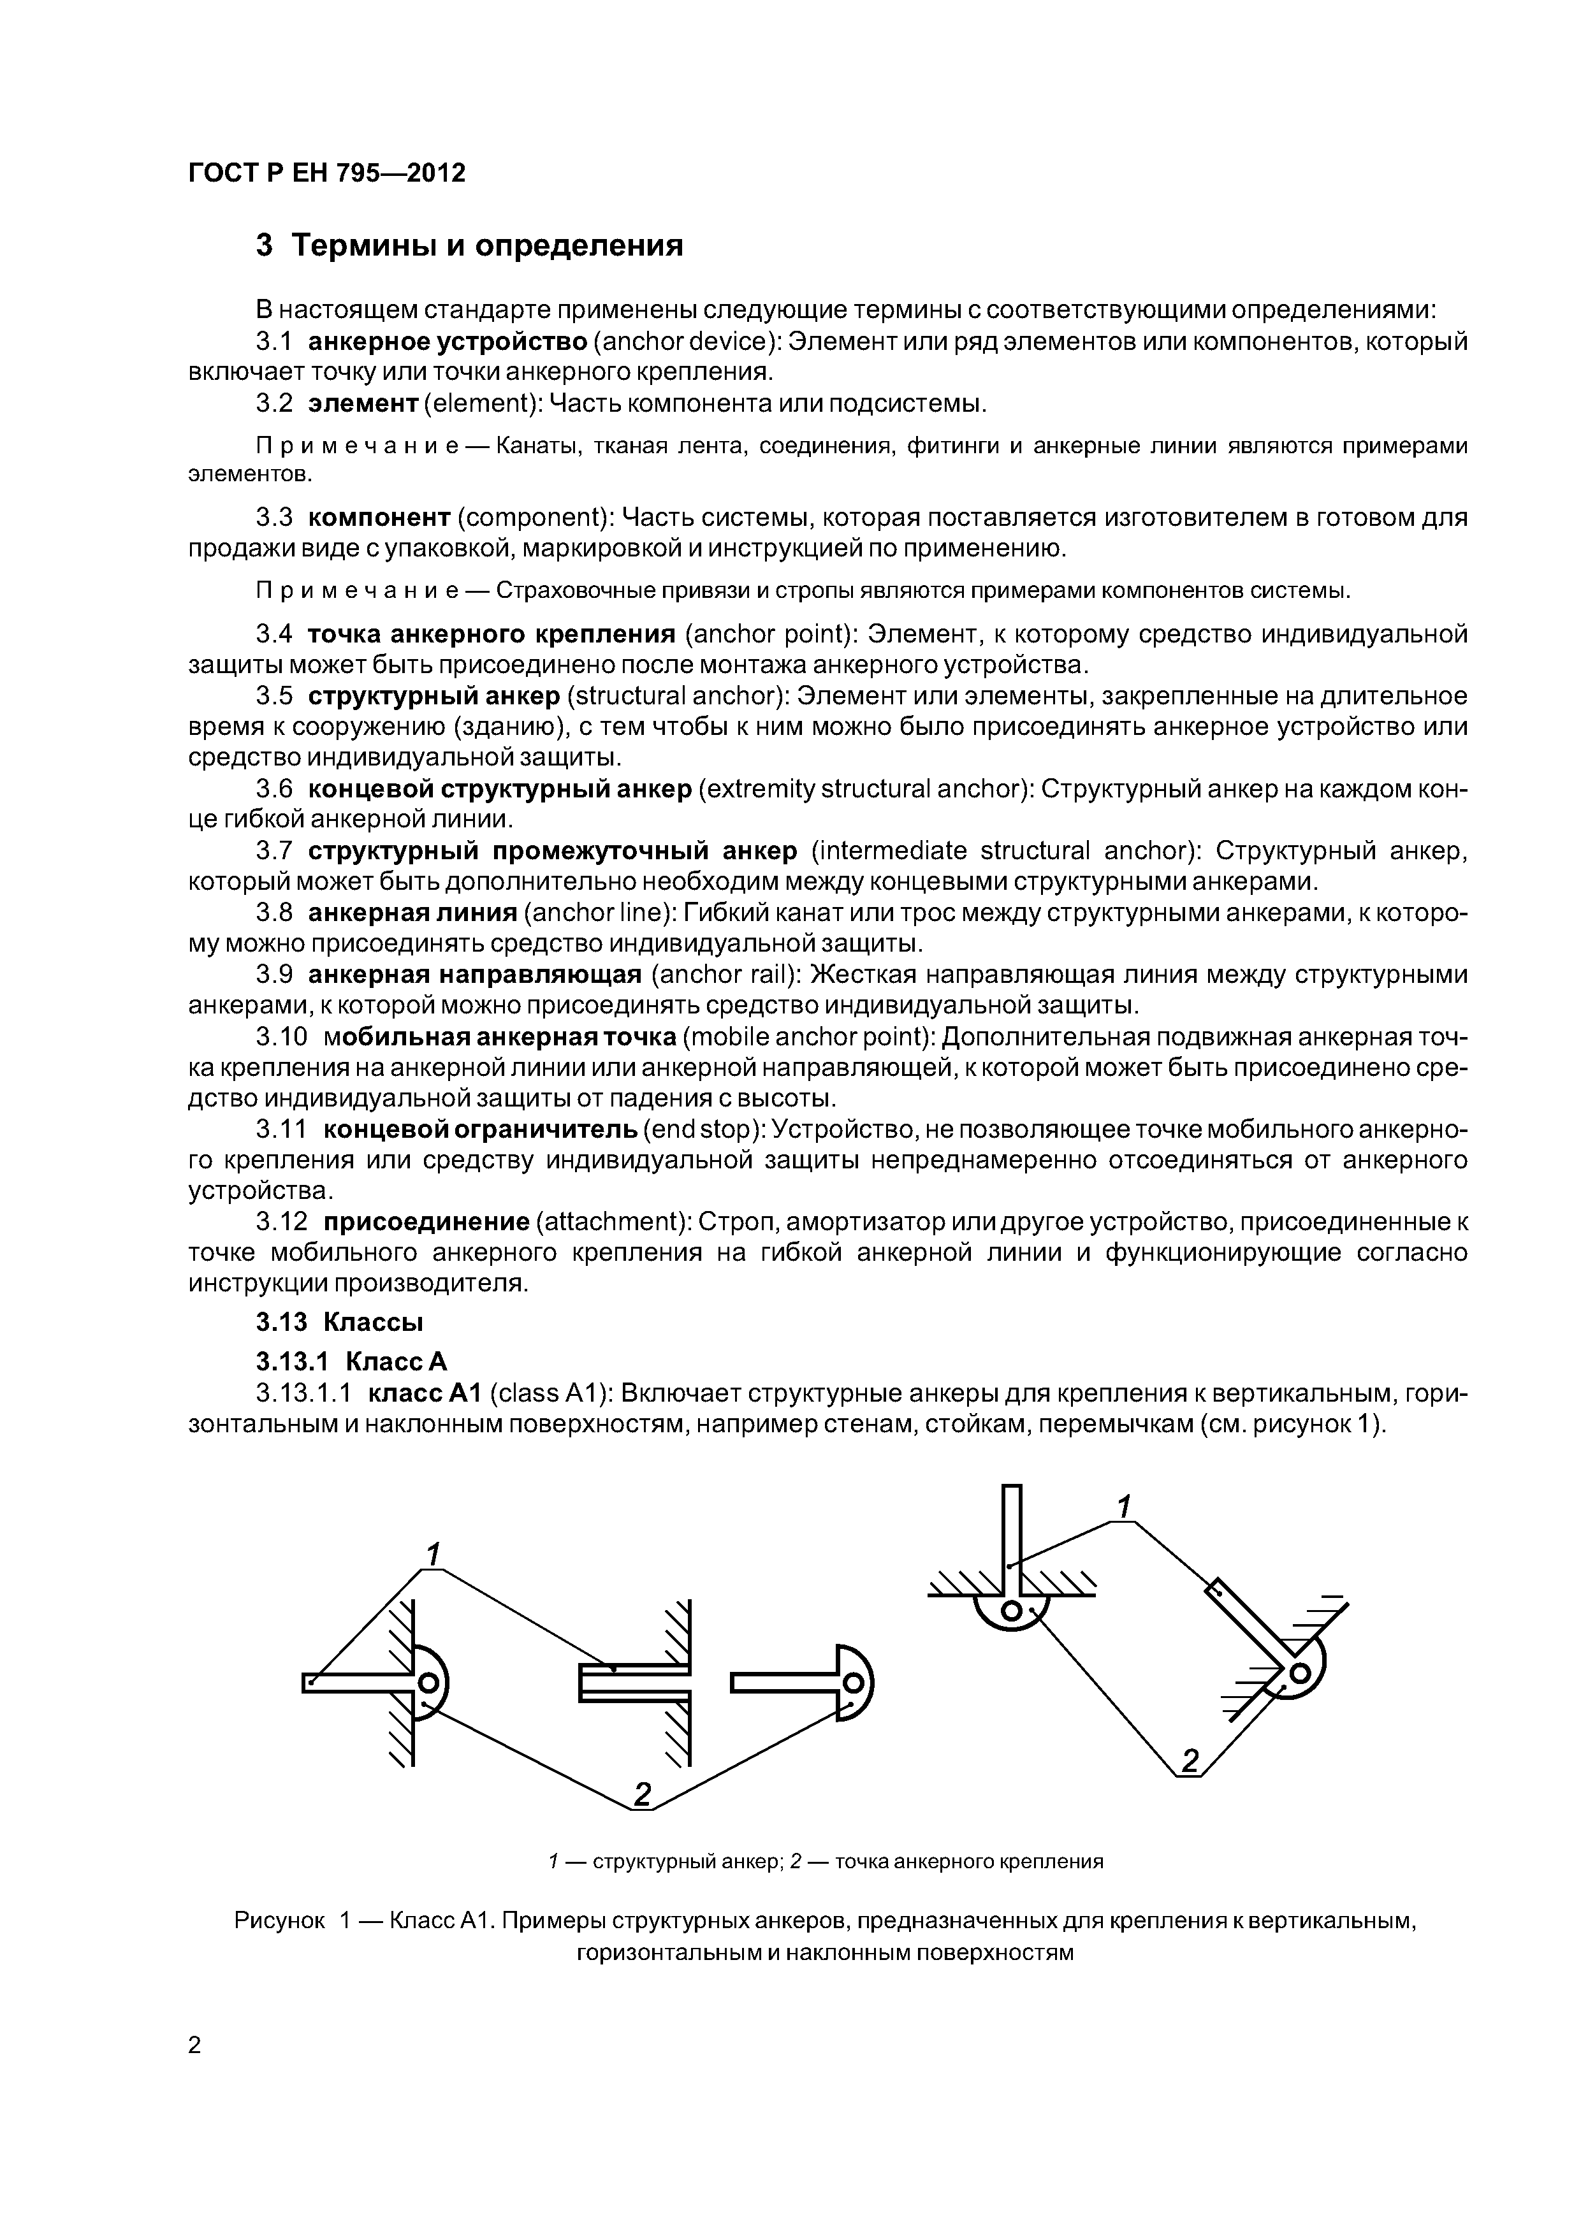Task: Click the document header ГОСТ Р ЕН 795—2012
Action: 326,173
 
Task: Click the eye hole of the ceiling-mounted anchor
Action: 1010,1613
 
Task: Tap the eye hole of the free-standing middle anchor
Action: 854,1683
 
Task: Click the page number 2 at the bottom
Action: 195,2045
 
